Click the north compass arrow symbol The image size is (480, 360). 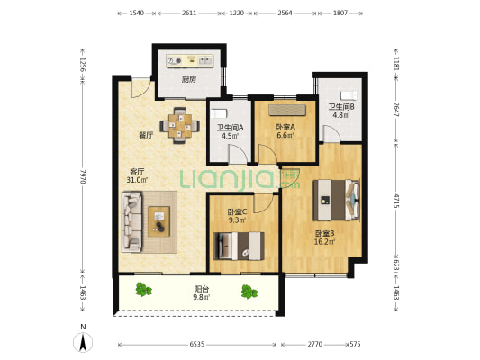coord(83,342)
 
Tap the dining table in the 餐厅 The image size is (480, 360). coord(180,125)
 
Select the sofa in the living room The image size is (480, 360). coord(132,221)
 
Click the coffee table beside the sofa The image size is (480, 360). coord(158,221)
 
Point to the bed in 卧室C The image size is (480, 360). coord(239,246)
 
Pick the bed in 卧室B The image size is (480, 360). coord(336,200)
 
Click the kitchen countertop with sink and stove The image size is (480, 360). coord(189,60)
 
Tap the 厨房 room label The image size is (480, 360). coord(189,79)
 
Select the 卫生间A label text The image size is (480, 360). coord(231,128)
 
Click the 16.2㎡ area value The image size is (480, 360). coord(324,242)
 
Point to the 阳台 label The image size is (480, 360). coord(202,289)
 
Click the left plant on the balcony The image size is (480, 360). coord(143,289)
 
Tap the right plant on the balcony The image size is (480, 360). coord(249,292)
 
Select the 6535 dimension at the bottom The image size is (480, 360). coord(197,344)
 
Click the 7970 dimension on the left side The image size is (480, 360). coord(83,175)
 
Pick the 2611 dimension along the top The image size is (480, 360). coord(189,13)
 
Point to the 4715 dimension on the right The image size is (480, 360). coord(396,201)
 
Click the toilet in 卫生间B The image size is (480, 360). coord(349,95)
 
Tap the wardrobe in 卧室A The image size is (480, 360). coord(287,111)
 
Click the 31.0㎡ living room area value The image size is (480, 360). coord(137,180)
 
